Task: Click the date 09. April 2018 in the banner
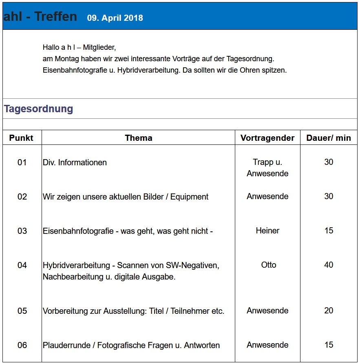point(115,18)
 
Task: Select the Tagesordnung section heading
point(38,109)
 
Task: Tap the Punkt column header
point(21,138)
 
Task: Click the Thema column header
point(139,138)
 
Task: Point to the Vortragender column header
point(267,138)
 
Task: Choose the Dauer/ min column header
point(329,138)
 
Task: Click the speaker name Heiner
point(267,231)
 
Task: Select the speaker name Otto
point(269,265)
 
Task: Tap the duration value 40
point(329,265)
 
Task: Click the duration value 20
point(329,311)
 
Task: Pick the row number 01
point(22,162)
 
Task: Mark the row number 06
point(22,345)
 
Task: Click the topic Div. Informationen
point(75,162)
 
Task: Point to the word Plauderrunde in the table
point(66,345)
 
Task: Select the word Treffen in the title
point(55,16)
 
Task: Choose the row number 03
point(22,231)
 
